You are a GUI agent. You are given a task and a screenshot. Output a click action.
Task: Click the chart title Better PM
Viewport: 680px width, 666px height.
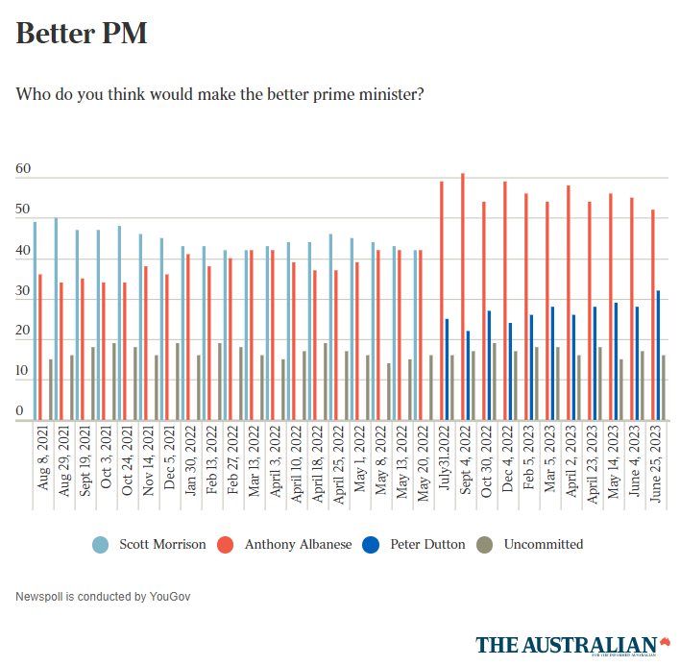(82, 34)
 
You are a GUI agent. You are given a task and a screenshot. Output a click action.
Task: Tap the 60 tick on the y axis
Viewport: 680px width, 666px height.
(23, 170)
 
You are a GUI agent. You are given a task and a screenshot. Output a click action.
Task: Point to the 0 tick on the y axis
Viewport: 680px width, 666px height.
(19, 411)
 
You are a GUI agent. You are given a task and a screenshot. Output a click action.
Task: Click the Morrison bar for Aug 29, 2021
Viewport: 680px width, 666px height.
(56, 318)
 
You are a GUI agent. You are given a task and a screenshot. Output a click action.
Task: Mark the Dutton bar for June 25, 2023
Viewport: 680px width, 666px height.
(658, 355)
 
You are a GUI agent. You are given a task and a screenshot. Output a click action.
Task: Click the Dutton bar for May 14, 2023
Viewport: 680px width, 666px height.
(616, 360)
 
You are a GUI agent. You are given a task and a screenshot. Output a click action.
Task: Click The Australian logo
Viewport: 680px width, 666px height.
(572, 644)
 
